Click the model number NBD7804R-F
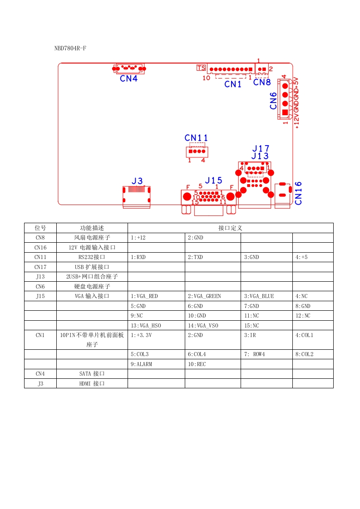(70, 48)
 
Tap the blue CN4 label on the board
(128, 78)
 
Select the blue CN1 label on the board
(233, 84)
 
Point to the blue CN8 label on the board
(262, 82)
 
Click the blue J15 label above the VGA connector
(213, 181)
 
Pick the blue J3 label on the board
(137, 181)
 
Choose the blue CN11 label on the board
(196, 138)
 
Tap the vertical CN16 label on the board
(298, 193)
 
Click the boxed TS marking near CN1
(201, 68)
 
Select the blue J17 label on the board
(261, 148)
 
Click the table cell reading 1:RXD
(138, 257)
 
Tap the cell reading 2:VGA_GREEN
(204, 296)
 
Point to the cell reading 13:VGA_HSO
(146, 326)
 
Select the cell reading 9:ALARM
(141, 364)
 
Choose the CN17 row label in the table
(40, 267)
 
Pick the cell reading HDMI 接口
(92, 384)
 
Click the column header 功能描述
(92, 228)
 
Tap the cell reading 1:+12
(138, 237)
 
